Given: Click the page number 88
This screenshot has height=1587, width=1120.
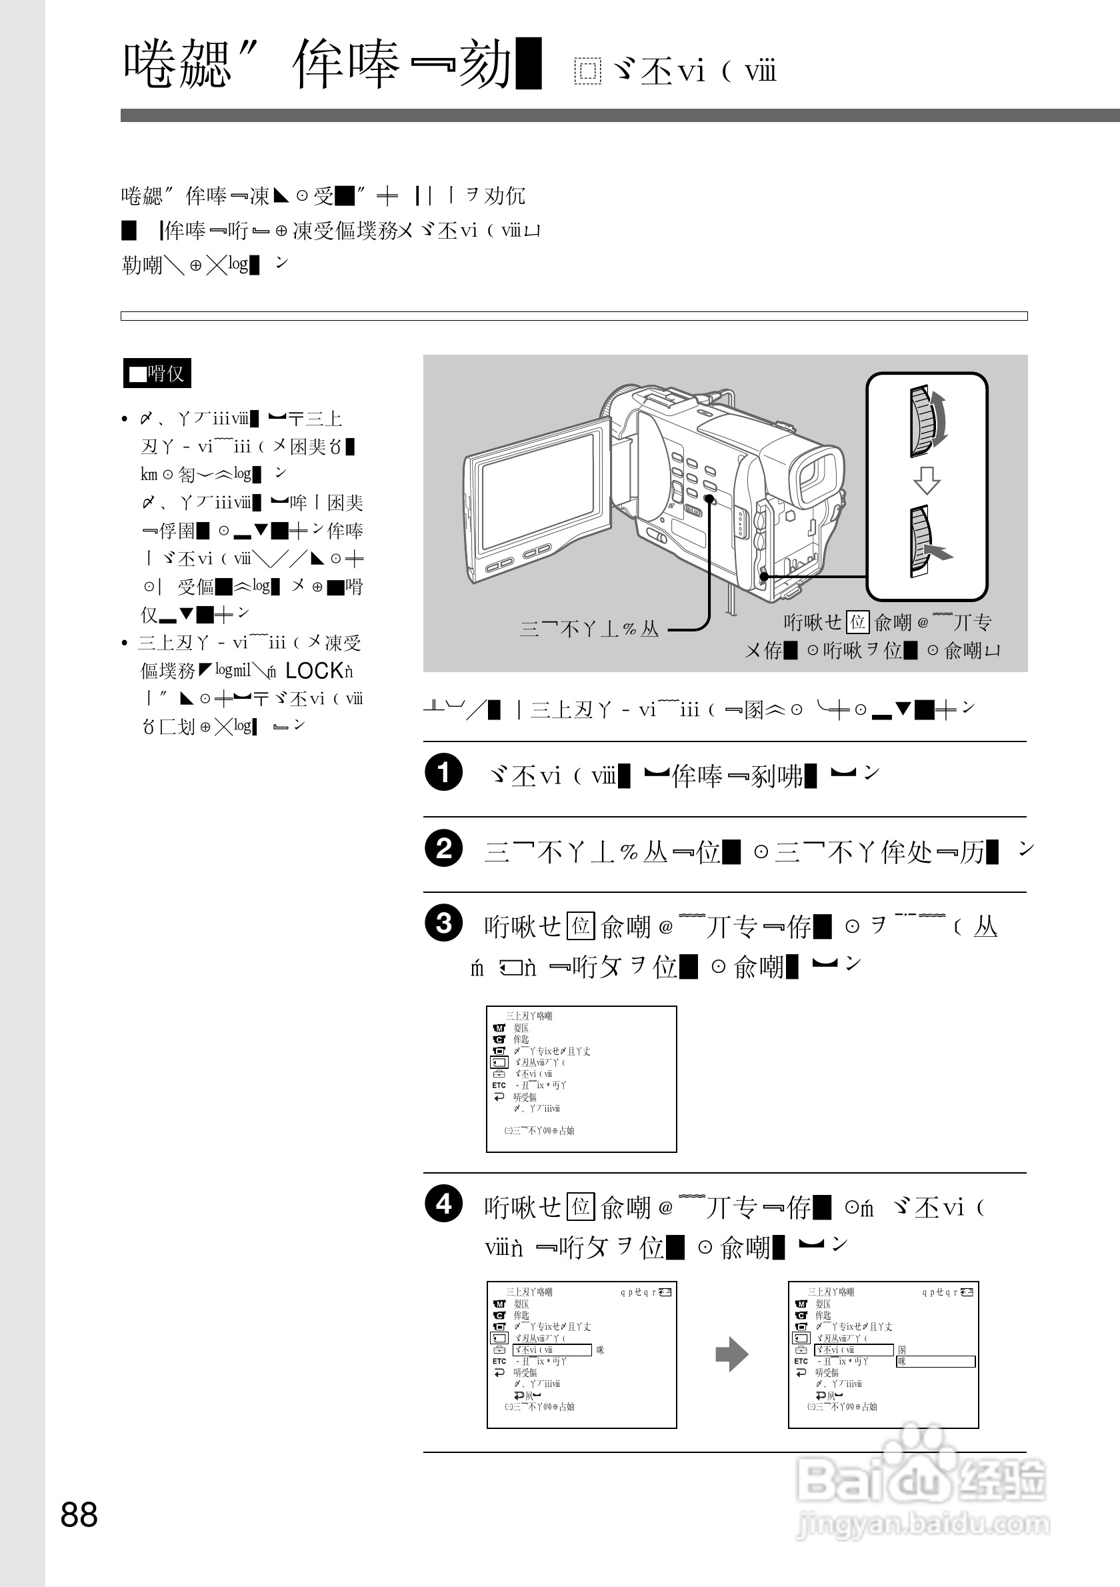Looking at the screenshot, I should pos(79,1514).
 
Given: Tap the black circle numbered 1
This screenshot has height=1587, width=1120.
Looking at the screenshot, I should pos(443,772).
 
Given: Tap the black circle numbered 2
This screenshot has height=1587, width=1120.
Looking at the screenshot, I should pos(443,848).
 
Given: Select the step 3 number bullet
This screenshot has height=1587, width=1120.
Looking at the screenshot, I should pos(443,923).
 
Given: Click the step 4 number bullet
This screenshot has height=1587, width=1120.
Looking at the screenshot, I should pos(443,1204).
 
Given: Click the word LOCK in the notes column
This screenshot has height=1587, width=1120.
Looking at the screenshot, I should pos(315,670).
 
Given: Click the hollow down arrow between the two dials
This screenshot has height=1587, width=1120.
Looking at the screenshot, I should pos(927,479).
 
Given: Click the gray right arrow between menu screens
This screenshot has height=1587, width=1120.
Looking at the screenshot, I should pos(732,1354).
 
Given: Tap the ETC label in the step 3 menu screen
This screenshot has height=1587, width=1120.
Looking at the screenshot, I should pos(499,1085).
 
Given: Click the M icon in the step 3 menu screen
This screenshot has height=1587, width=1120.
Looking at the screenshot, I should pos(499,1028).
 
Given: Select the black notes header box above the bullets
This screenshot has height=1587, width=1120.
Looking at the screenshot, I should pos(157,373).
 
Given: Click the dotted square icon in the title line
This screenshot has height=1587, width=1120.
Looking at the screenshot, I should pos(587,71).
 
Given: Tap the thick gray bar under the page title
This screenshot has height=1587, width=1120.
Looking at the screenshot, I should pos(620,115).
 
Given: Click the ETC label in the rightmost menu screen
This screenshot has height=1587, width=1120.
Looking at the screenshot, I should pos(801,1361).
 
